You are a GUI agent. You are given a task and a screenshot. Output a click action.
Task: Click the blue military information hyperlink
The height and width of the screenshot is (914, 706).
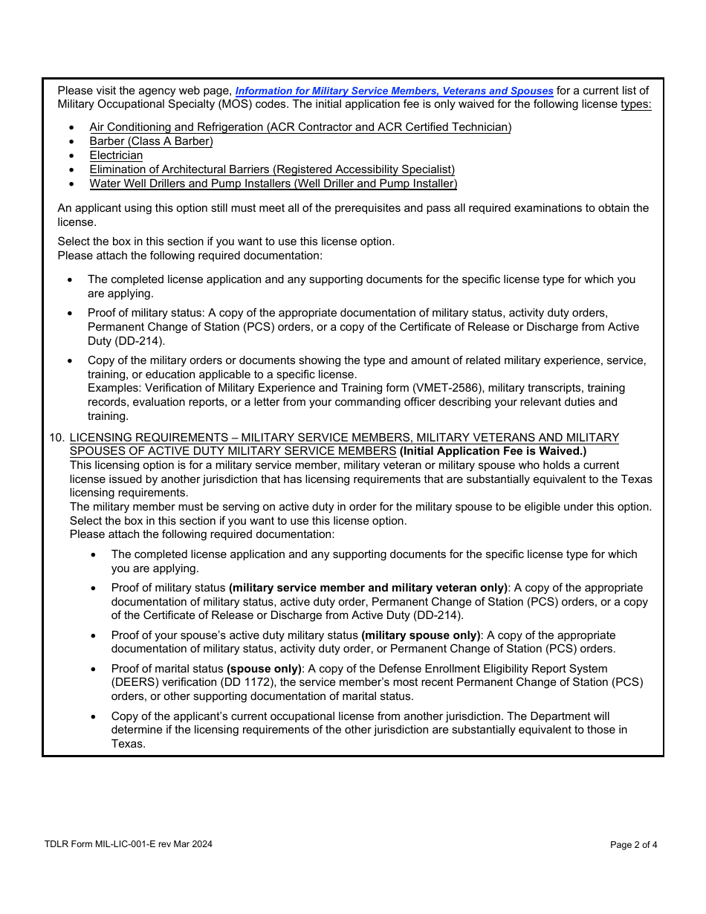394,91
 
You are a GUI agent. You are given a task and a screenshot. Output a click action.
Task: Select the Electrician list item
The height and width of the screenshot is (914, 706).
116,155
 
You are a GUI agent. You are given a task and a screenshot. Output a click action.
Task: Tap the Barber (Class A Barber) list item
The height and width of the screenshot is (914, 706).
151,141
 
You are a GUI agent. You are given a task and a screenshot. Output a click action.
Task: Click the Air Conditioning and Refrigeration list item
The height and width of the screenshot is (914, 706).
300,127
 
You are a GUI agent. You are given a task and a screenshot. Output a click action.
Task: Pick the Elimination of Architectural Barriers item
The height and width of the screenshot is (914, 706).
272,169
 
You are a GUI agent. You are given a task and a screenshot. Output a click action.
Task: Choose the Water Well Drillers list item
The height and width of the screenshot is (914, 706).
273,184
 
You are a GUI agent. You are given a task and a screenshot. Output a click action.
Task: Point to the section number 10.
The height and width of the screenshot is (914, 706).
56,438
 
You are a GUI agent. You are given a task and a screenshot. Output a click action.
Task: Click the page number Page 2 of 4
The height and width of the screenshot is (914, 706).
633,844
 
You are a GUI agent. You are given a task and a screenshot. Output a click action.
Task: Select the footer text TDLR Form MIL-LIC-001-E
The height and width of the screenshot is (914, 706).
128,843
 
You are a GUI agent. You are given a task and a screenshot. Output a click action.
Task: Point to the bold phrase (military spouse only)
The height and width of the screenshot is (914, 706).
421,635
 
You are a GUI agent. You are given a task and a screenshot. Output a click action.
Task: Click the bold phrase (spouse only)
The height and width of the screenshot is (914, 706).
264,669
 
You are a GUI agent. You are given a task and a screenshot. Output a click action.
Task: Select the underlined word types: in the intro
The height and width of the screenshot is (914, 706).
635,105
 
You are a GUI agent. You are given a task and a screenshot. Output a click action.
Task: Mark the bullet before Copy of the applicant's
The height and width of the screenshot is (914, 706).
93,716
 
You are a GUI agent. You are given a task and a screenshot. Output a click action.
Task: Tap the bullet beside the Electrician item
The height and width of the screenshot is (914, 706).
71,156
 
